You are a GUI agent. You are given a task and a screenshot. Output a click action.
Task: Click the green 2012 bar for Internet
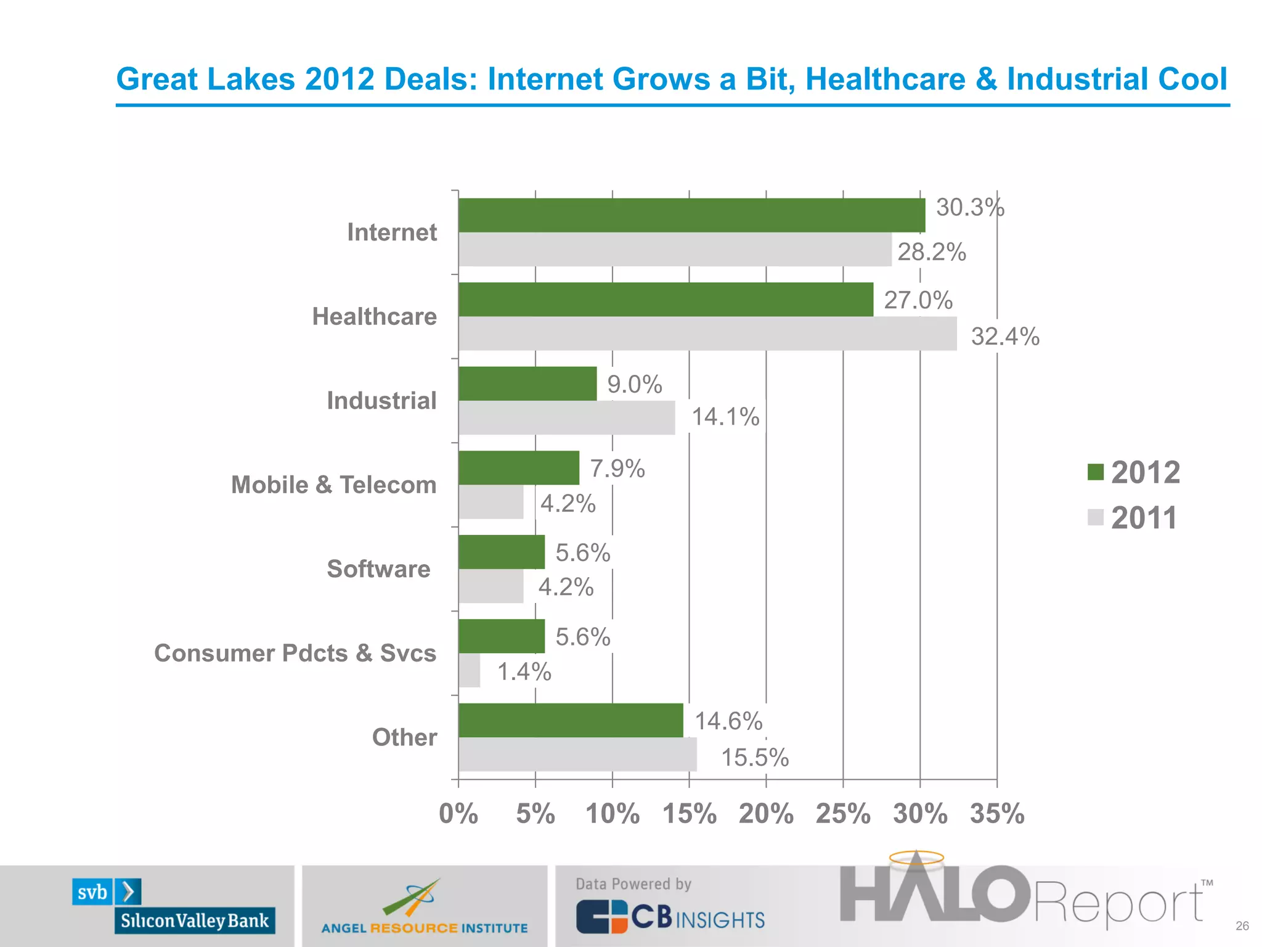691,215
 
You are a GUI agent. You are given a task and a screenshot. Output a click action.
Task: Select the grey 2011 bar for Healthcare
707,334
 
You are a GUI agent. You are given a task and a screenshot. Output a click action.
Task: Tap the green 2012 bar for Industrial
527,383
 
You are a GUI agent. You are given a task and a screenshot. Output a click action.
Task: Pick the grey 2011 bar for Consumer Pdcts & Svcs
469,670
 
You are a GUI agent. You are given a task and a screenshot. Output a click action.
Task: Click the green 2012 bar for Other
571,720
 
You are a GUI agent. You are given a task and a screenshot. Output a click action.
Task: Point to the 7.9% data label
617,469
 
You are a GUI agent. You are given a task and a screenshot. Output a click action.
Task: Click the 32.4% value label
1005,337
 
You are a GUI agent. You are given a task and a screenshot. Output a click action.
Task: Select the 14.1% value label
725,417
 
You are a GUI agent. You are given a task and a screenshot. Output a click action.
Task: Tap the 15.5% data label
754,758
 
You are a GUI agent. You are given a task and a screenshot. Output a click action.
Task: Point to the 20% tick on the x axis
766,814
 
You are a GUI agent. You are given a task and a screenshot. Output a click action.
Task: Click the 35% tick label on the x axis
996,814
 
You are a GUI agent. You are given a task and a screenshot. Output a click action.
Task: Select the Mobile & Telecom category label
333,485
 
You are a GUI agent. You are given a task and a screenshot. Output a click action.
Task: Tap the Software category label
378,569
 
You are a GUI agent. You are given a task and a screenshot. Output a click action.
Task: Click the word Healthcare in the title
885,79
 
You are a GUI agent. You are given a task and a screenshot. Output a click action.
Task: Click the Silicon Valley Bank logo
174,906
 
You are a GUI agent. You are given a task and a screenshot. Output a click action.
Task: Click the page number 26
1242,926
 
